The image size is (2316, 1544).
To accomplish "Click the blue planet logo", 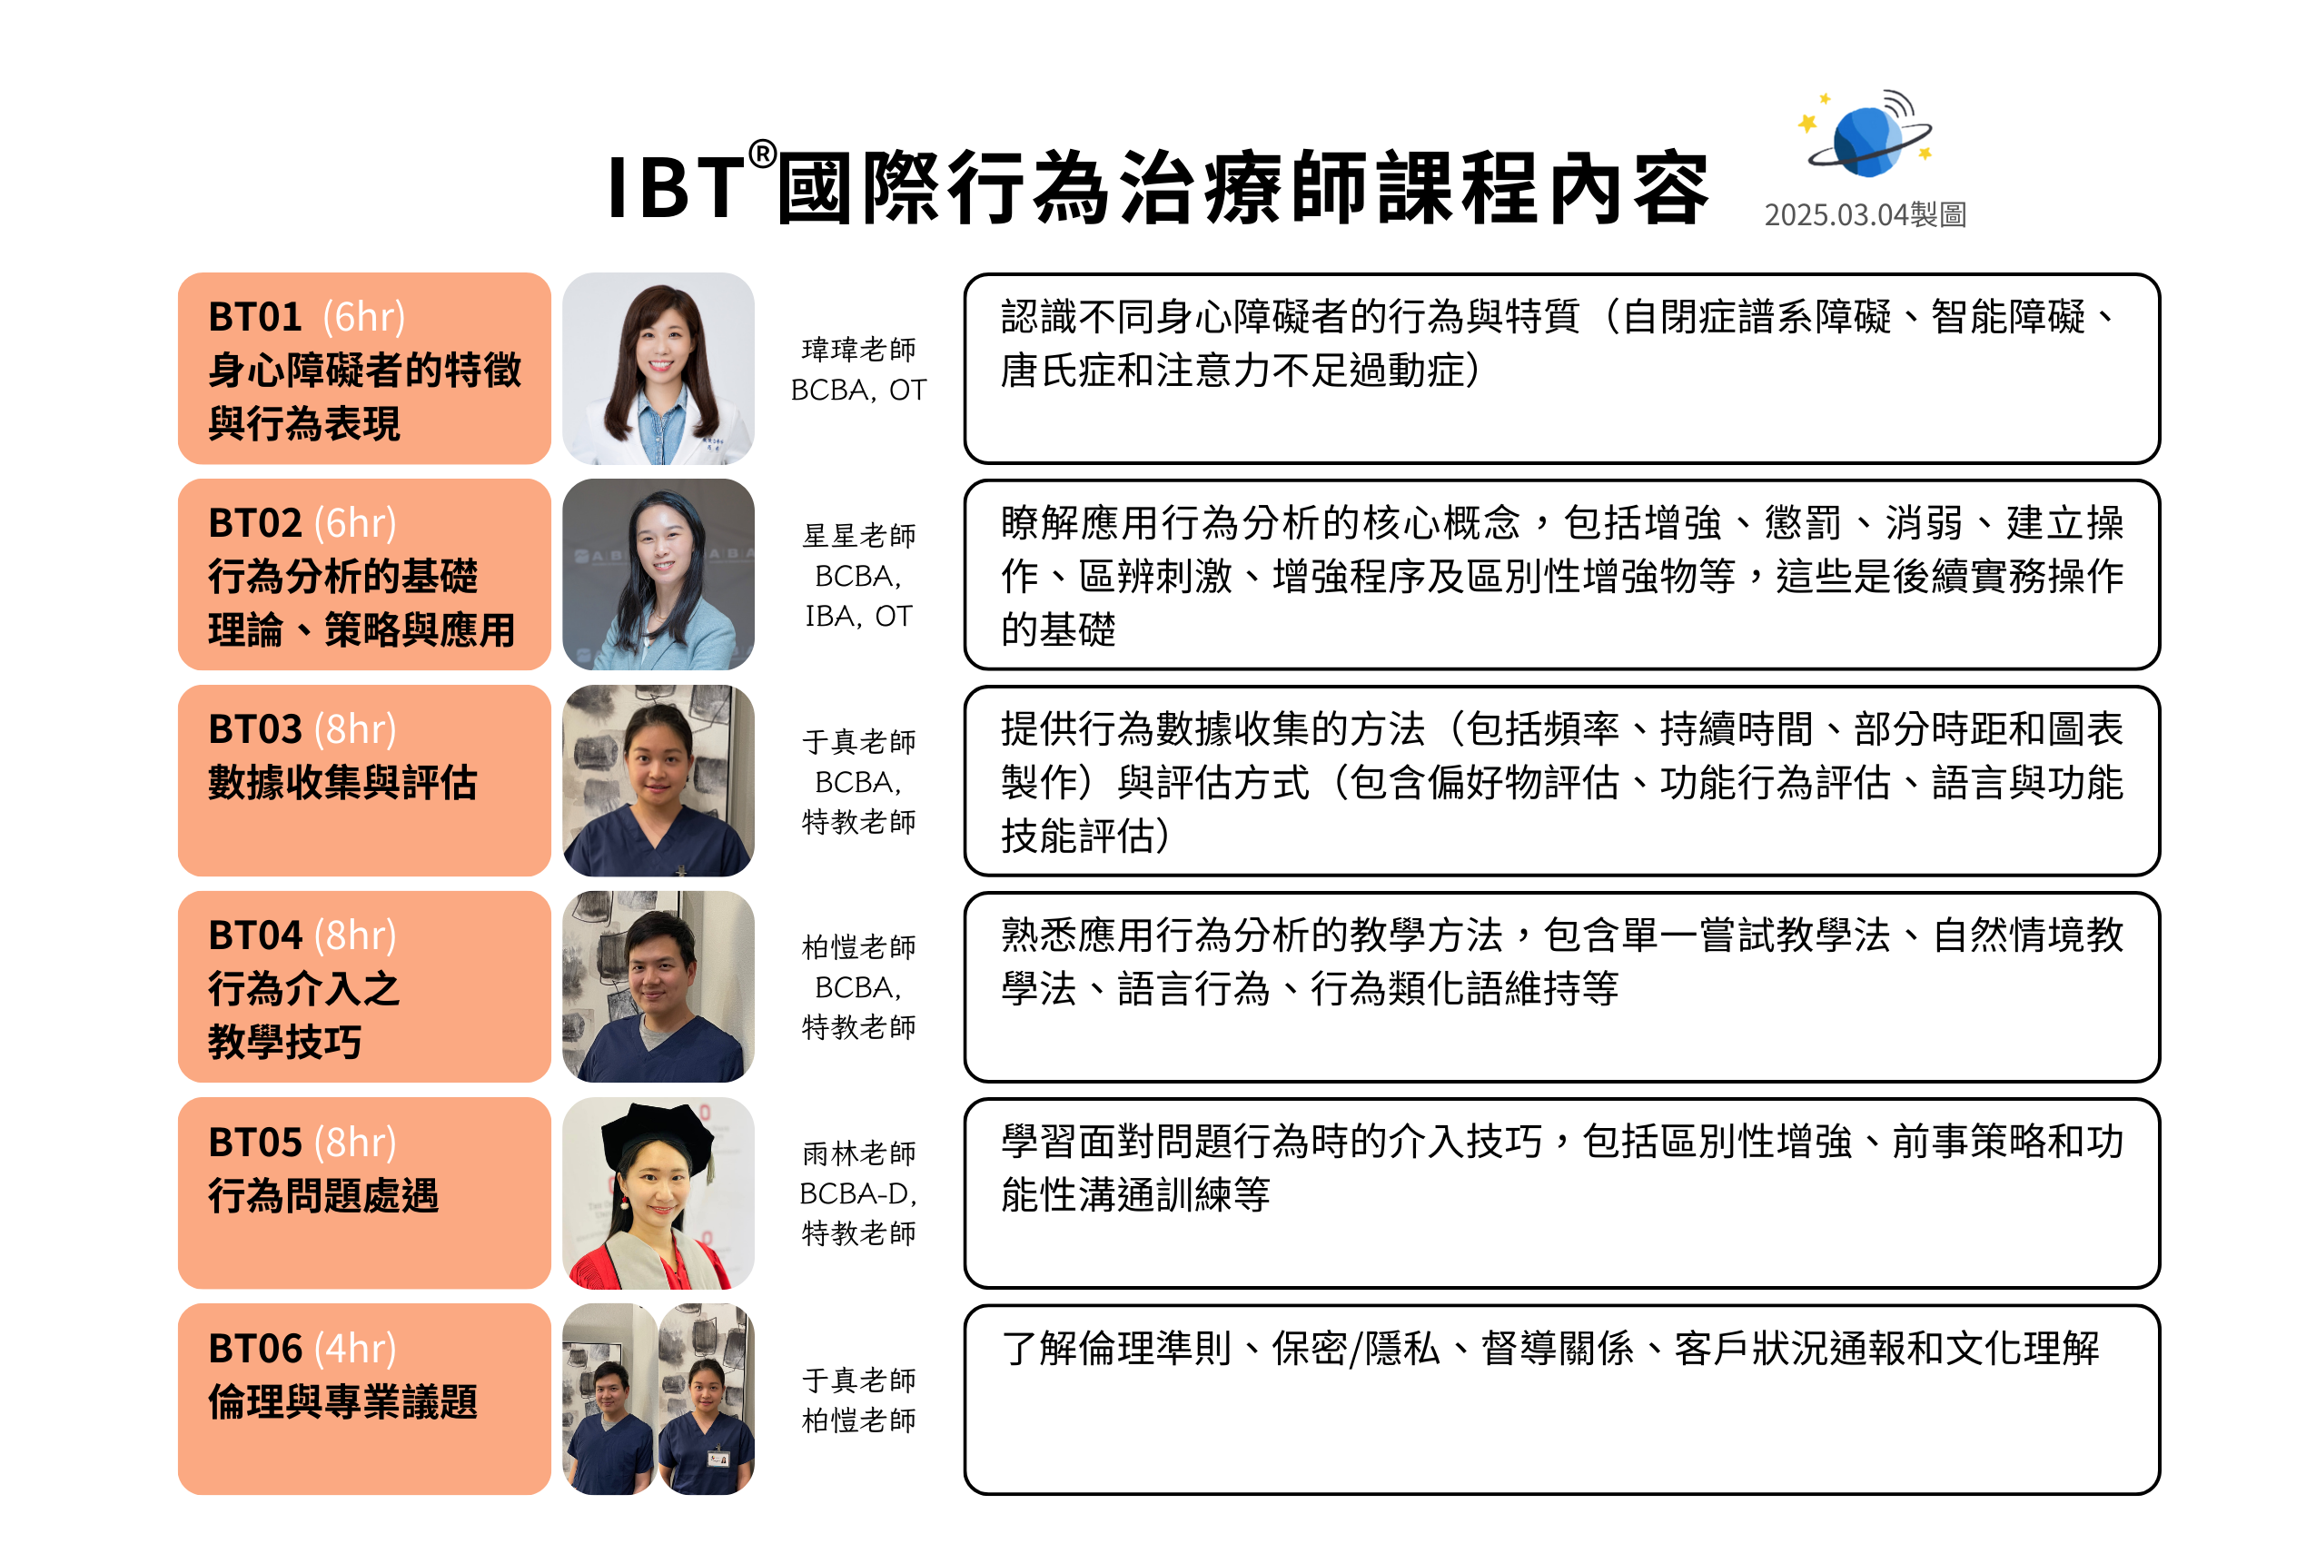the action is point(1868,135).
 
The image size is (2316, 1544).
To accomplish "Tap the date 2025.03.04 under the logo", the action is point(1836,214).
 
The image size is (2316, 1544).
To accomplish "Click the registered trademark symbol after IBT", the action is point(762,153).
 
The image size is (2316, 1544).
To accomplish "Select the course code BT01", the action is point(255,317).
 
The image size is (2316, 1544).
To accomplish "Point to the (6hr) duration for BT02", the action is point(355,523).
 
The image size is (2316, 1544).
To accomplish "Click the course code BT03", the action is point(255,729).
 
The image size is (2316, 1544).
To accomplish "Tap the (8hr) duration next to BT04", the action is point(355,935).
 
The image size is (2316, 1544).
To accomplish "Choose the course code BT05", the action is point(255,1143).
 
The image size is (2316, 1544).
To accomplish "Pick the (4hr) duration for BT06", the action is point(355,1348).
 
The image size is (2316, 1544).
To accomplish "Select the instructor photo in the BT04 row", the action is point(658,986).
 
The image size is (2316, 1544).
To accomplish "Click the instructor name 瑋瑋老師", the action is point(858,350).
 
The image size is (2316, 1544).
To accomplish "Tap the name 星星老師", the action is point(858,536).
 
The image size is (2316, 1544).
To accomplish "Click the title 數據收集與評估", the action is point(342,783).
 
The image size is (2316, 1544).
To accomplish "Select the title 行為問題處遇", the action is point(323,1195).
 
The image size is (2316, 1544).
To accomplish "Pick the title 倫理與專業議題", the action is point(342,1402).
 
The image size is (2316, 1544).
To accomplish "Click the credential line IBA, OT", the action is point(858,617).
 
